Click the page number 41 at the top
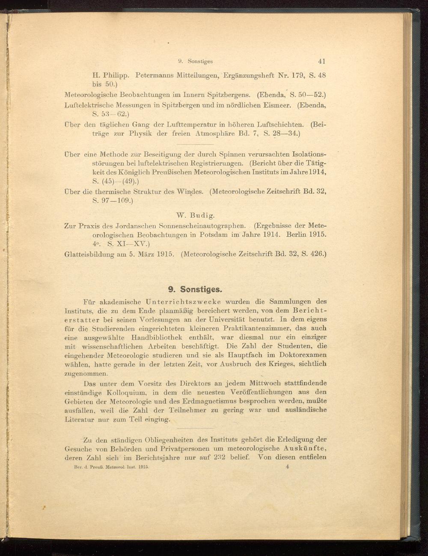(321, 61)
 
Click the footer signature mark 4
(288, 467)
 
